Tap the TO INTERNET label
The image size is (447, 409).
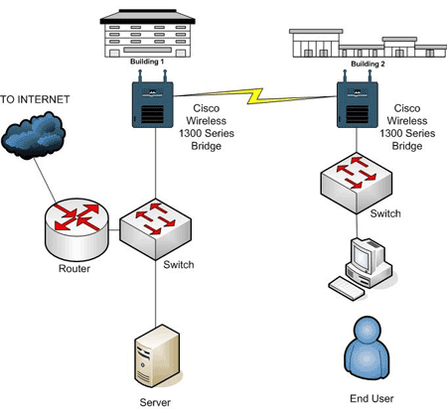35,99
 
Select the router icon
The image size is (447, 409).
76,229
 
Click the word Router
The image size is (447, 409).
74,268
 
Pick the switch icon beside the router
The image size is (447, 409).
155,229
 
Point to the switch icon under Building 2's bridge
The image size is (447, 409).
357,183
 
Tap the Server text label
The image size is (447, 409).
155,402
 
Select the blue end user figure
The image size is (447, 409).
367,350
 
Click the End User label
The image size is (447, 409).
372,398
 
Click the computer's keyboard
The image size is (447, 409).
347,288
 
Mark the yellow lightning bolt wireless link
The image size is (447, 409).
254,96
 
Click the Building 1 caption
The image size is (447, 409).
147,62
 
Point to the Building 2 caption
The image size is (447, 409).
368,64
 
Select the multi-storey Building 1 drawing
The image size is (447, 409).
148,33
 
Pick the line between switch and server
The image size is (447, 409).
156,293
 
